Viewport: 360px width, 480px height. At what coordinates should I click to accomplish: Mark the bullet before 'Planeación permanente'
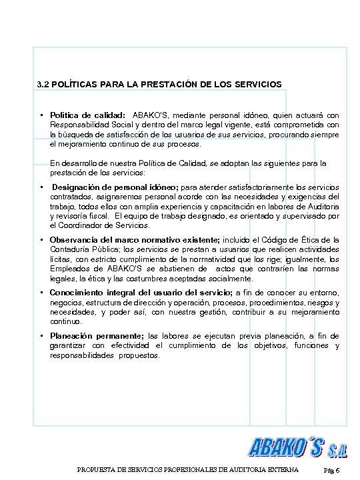point(42,335)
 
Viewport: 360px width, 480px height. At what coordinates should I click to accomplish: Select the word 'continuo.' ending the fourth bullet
point(66,321)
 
